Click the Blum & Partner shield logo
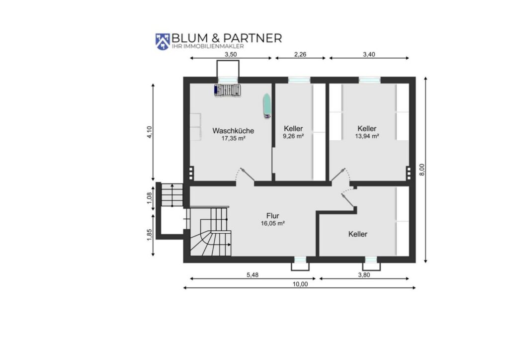163,41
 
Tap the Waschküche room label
233,131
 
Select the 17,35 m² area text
233,139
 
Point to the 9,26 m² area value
293,136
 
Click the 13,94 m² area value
367,136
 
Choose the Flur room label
273,216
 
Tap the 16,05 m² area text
273,223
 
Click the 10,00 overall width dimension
300,284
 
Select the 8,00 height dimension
422,170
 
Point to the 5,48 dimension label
252,275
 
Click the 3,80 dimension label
364,275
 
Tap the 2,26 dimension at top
300,54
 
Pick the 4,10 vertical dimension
149,132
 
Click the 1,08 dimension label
149,198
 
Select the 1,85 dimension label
149,235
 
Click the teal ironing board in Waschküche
266,105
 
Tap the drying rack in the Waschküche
228,90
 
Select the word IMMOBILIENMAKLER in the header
214,46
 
